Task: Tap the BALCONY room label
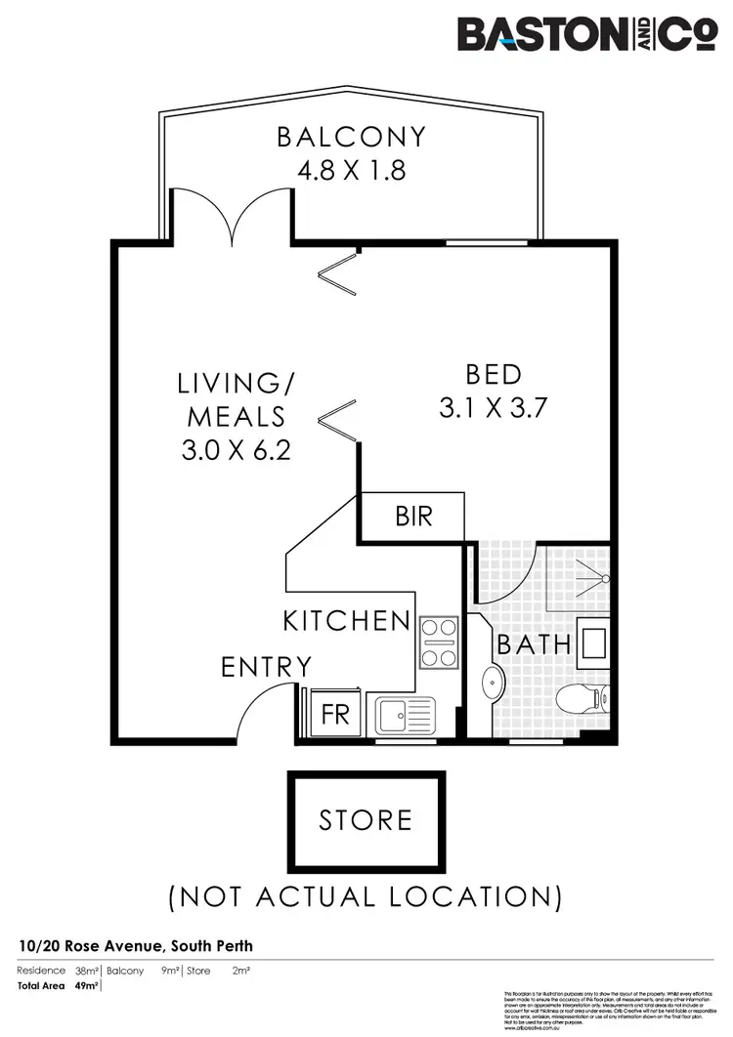[x=351, y=137]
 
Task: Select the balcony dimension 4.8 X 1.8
[x=351, y=171]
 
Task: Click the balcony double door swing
[x=231, y=215]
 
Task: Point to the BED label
[x=493, y=374]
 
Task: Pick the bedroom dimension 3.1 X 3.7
[x=493, y=407]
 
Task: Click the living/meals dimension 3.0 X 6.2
[x=236, y=450]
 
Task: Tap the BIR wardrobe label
[x=413, y=515]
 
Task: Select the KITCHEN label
[x=347, y=620]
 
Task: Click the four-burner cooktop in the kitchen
[x=439, y=642]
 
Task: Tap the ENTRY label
[x=266, y=667]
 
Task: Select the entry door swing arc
[x=262, y=708]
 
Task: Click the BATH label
[x=534, y=644]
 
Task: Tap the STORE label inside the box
[x=366, y=819]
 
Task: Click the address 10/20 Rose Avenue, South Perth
[x=136, y=946]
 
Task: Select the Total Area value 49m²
[x=87, y=986]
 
